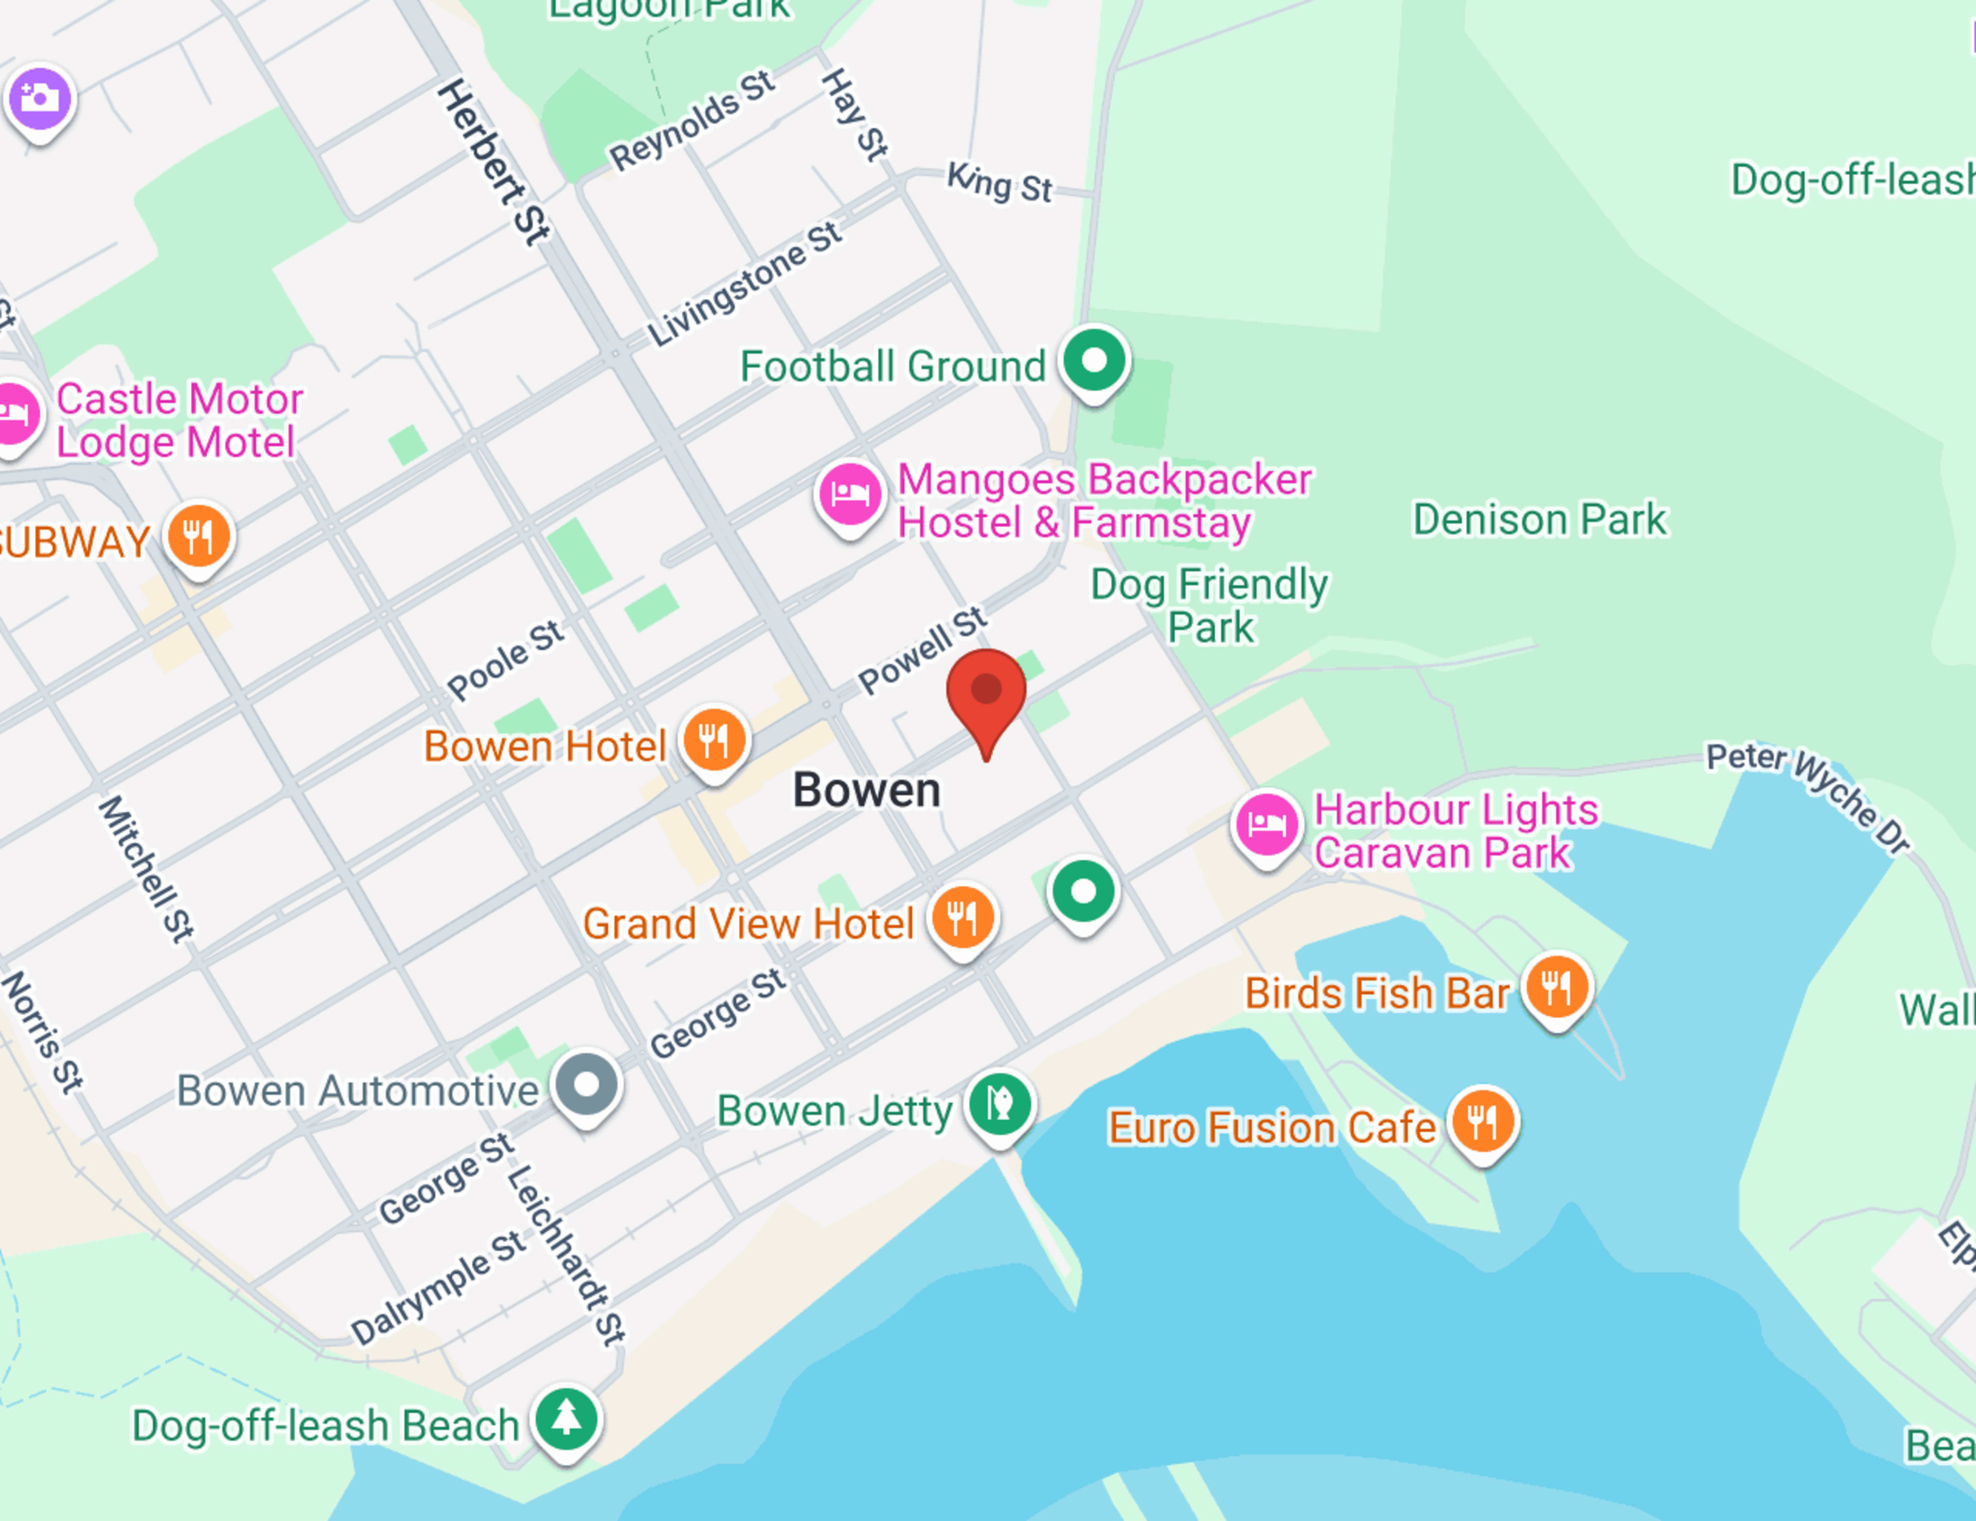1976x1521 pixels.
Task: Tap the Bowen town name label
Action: click(867, 790)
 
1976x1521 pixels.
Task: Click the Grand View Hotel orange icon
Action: click(963, 917)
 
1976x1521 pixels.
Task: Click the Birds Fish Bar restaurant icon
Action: click(1556, 986)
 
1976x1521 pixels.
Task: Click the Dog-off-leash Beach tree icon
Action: click(567, 1418)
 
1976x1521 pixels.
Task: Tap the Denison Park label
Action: click(1539, 519)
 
